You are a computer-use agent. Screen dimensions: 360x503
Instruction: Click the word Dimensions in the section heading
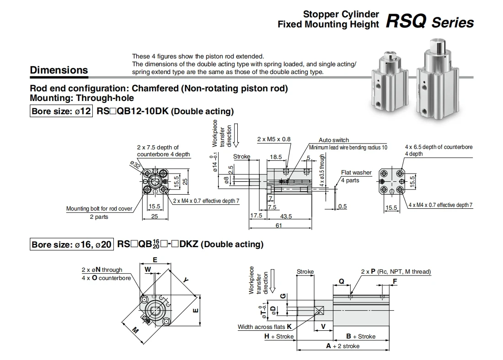coord(59,70)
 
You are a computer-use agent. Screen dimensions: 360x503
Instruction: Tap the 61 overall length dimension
coord(278,225)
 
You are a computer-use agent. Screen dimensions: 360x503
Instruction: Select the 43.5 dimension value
coord(286,216)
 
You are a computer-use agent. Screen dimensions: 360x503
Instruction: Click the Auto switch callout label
coord(334,140)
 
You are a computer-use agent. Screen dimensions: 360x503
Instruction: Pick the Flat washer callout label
coord(356,173)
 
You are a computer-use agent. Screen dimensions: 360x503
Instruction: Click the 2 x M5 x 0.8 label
coord(273,139)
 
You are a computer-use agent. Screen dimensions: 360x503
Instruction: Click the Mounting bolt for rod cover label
coord(99,208)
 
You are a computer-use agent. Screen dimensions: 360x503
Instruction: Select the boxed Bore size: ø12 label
coord(61,111)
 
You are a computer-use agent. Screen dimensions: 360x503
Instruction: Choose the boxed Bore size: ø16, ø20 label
coord(71,244)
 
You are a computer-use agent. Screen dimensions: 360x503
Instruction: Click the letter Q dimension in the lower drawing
coord(342,281)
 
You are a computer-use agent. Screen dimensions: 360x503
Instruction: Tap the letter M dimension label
coord(135,330)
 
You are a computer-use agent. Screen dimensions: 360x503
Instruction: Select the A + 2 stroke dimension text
coord(342,346)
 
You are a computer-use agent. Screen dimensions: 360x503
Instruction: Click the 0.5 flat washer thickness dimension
coord(342,206)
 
